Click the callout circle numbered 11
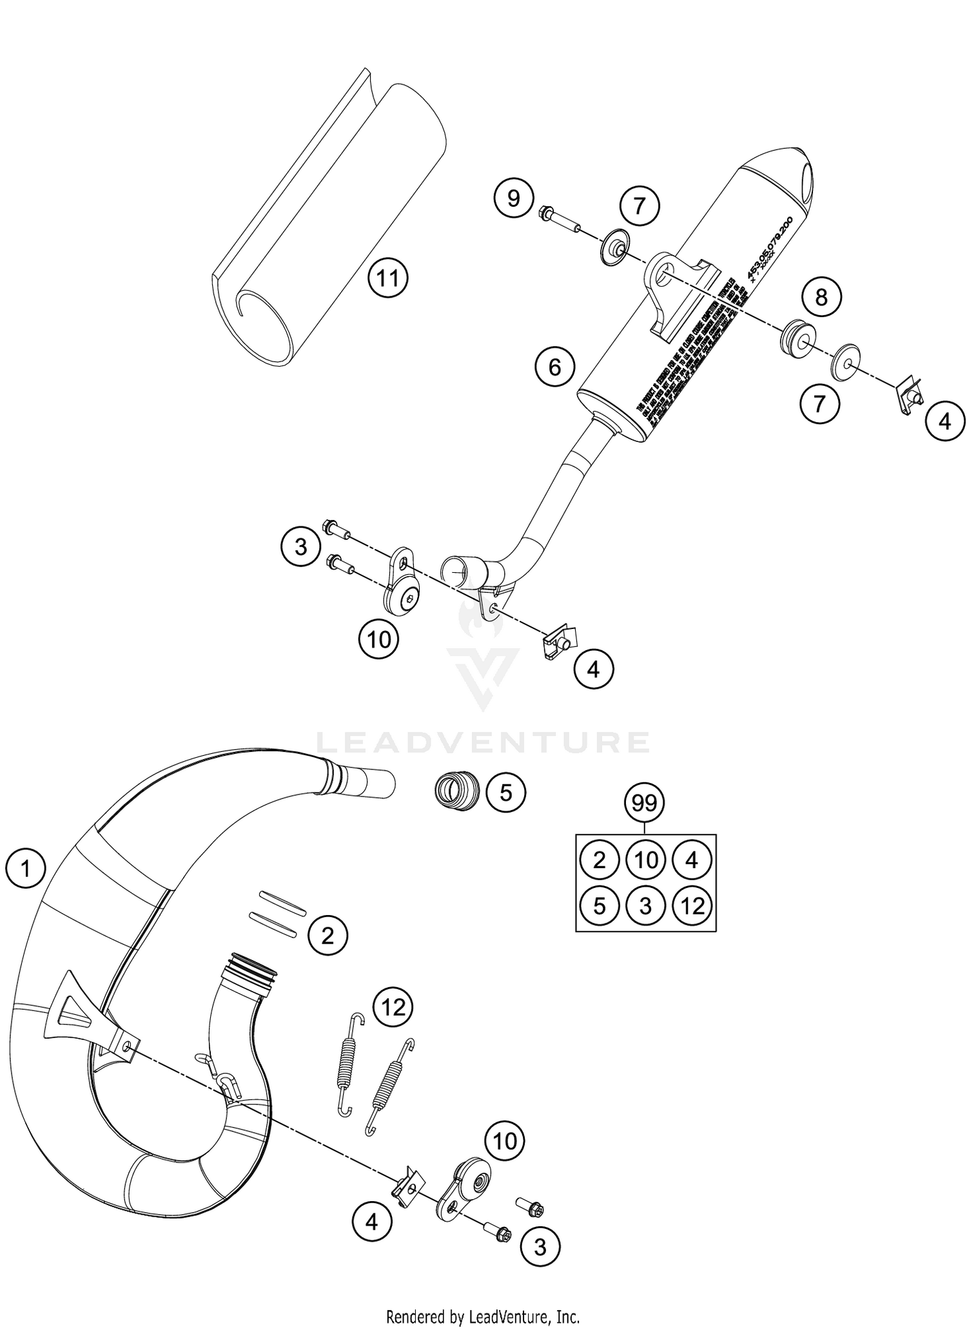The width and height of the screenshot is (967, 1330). tap(387, 279)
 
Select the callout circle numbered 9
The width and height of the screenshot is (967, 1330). tap(513, 198)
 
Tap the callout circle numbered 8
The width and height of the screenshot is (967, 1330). tap(821, 297)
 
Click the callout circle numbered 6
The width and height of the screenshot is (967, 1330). tap(554, 367)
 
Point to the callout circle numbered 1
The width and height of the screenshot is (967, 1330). tap(25, 869)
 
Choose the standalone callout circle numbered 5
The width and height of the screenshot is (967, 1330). tap(505, 792)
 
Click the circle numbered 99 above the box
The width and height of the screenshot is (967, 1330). tap(644, 803)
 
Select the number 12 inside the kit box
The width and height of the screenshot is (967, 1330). tap(692, 907)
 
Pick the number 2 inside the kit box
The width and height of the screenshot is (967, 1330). tap(599, 860)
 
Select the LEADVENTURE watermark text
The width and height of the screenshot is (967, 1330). tap(482, 742)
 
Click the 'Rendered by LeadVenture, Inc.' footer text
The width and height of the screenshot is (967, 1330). tap(482, 1315)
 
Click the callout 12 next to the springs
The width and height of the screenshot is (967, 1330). tap(393, 1006)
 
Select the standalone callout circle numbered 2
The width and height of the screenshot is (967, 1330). tap(327, 935)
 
